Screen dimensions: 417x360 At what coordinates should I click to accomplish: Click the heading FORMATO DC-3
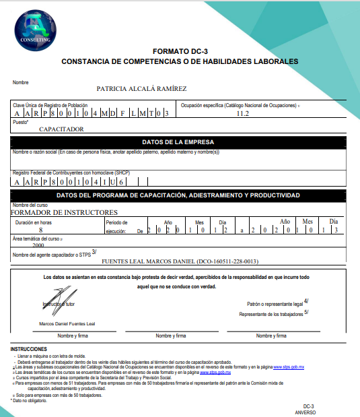[179, 51]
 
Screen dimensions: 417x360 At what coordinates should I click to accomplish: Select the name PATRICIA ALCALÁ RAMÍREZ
[141, 88]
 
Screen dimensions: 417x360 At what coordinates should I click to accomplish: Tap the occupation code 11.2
[243, 114]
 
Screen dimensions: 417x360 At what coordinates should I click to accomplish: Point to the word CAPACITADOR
[61, 129]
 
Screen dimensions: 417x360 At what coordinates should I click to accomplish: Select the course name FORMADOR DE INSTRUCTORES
[65, 212]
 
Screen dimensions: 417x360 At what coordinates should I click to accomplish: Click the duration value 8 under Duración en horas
[41, 230]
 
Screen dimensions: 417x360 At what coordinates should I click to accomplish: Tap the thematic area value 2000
[39, 245]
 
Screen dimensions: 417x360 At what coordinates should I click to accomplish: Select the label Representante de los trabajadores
[272, 315]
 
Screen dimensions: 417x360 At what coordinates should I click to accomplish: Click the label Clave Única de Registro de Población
[50, 106]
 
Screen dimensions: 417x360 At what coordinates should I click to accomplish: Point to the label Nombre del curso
[30, 205]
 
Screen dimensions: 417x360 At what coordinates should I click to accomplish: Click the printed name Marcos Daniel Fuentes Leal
[67, 323]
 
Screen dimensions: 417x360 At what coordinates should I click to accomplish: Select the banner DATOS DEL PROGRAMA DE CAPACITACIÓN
[178, 195]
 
